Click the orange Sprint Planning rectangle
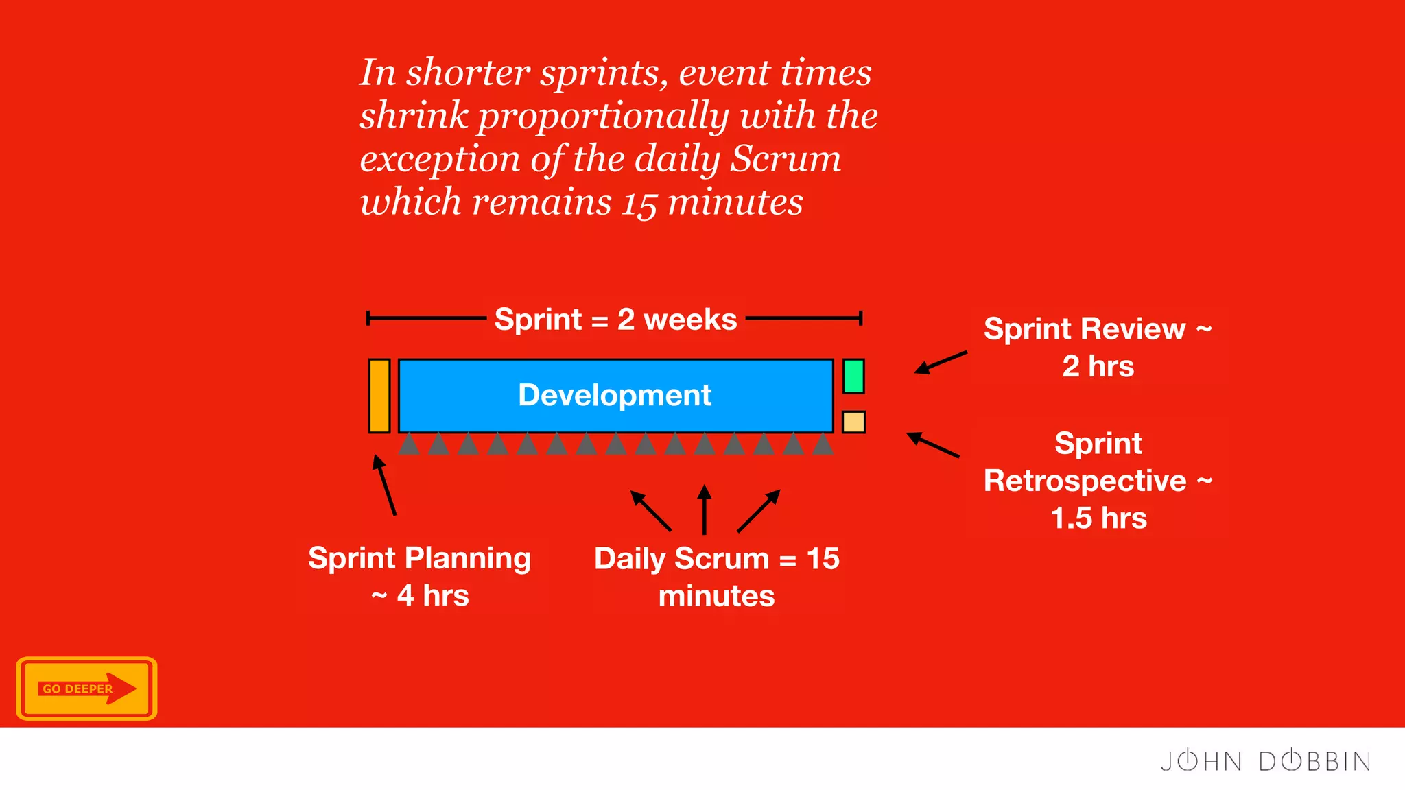point(379,396)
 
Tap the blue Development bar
point(615,396)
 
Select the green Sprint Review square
point(853,376)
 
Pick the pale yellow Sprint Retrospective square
point(853,422)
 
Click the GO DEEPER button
point(86,689)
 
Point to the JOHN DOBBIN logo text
point(1265,761)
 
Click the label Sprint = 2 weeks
point(615,320)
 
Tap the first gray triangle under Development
point(410,444)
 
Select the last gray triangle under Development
point(823,444)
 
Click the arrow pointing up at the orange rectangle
point(385,485)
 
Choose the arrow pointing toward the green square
point(941,362)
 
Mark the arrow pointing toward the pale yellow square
point(933,445)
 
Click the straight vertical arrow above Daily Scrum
point(704,510)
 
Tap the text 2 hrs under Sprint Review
point(1098,366)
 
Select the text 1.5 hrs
point(1098,518)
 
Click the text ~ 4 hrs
point(420,595)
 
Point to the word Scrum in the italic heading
point(785,159)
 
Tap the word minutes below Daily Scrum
point(716,596)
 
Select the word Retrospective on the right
point(1085,481)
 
